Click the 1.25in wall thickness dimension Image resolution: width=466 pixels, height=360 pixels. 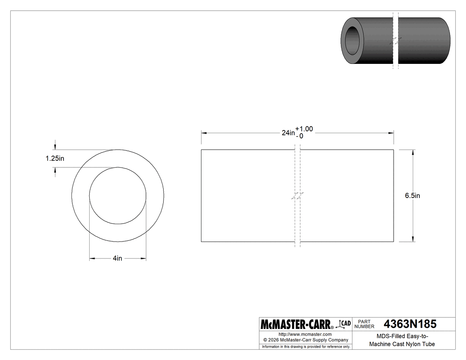point(55,158)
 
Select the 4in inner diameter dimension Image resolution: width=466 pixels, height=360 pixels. point(117,258)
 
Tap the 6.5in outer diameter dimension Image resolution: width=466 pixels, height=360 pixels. point(412,195)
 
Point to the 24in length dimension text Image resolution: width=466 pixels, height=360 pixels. point(288,133)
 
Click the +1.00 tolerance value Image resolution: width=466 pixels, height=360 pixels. point(304,129)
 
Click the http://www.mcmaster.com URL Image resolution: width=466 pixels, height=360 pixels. point(305,334)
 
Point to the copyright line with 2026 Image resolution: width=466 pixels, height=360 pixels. point(305,340)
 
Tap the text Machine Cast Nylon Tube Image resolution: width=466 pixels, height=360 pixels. point(402,344)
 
